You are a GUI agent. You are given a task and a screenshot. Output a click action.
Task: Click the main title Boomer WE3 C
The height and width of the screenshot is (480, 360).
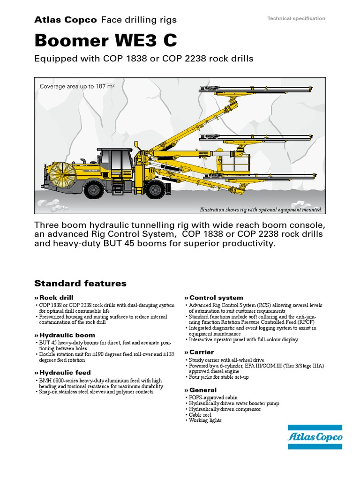[106, 41]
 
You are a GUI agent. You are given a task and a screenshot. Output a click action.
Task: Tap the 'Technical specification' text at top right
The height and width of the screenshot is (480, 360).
[296, 18]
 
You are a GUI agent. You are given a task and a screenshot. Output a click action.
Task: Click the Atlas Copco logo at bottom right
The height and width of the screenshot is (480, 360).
[315, 437]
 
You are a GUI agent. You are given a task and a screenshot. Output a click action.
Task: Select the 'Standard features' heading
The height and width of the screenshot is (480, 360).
[80, 283]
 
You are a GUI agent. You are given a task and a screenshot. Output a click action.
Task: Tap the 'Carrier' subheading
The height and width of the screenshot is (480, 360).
[201, 352]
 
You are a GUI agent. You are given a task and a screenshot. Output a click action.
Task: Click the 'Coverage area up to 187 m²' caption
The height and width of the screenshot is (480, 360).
[77, 86]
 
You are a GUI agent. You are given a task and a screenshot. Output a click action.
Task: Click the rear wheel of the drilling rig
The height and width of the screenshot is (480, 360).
[94, 190]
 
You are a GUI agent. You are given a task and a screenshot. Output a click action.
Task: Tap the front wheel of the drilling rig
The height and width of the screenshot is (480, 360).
[154, 190]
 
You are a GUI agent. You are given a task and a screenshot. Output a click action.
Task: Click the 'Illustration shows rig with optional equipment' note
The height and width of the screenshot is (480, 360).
[261, 210]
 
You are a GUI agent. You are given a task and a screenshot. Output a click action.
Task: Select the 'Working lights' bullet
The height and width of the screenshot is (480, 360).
[205, 420]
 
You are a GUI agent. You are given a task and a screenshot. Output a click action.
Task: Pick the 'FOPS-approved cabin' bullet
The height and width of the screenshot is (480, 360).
[212, 397]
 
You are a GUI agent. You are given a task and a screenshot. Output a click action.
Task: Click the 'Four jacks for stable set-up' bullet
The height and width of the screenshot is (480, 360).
[219, 377]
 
